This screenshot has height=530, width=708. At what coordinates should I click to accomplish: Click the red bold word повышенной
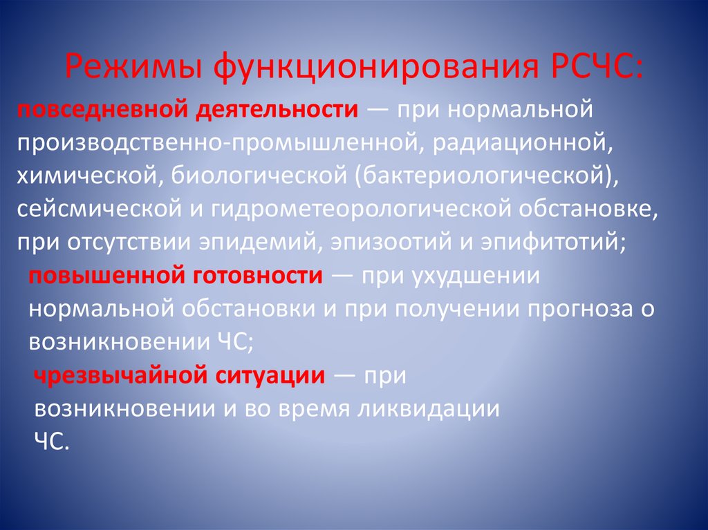tap(93, 276)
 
